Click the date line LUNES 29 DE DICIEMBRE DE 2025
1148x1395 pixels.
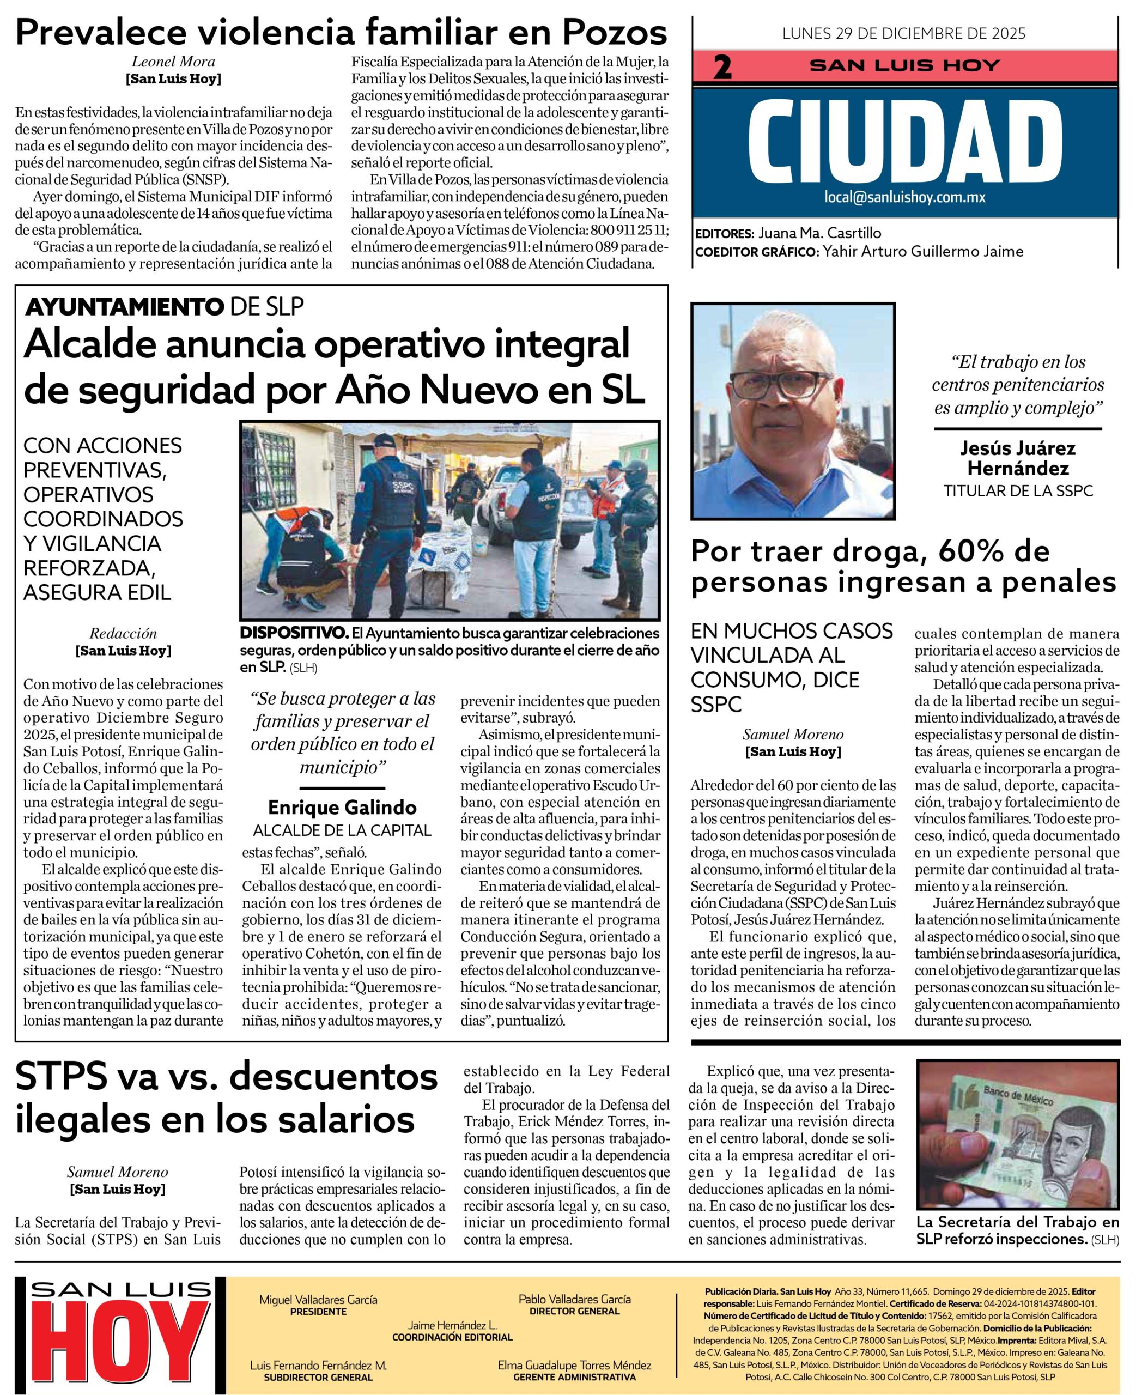(x=904, y=33)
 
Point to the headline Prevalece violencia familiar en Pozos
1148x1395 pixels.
(x=341, y=32)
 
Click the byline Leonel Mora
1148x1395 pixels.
(x=173, y=62)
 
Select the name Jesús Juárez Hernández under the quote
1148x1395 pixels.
(x=1018, y=458)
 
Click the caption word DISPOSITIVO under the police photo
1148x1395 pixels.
(x=294, y=632)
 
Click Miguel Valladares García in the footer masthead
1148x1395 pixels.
(x=318, y=1299)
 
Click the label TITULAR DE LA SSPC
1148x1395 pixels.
(x=1018, y=491)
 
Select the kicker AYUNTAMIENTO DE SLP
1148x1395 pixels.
(x=164, y=306)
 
